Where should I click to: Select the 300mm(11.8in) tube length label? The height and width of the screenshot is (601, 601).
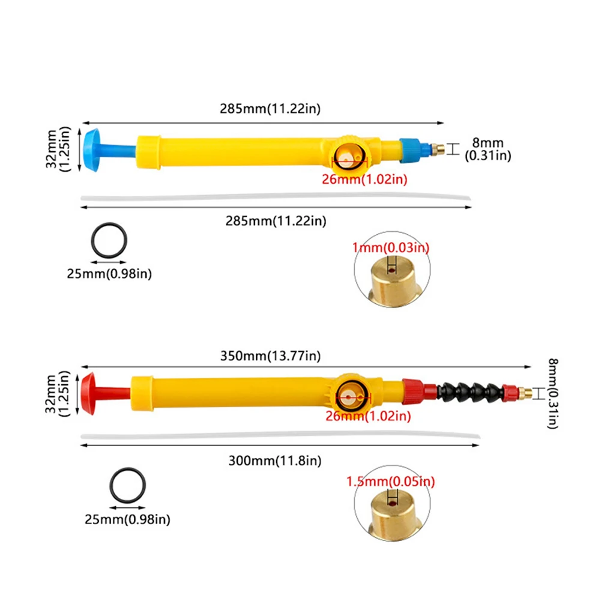275,461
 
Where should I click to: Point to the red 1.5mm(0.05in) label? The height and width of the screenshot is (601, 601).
391,481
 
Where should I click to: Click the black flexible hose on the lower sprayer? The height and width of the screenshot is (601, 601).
471,391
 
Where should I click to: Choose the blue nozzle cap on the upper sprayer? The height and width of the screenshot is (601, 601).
410,149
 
